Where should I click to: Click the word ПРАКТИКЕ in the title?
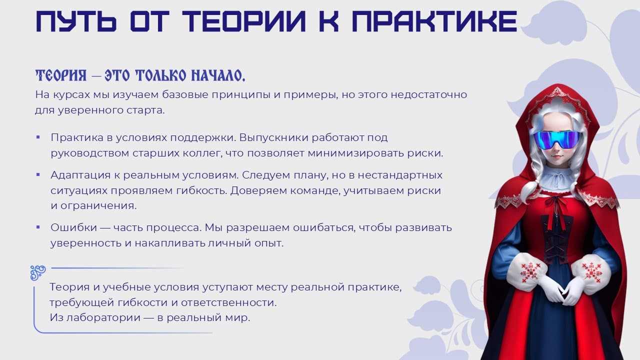[434, 21]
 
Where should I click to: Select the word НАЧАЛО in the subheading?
[218, 75]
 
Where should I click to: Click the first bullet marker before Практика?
[38, 137]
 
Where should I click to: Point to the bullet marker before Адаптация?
[38, 174]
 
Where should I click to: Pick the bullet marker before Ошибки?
[38, 227]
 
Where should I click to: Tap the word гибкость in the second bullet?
[201, 190]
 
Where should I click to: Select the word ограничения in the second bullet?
[98, 205]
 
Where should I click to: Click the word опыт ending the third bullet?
[269, 243]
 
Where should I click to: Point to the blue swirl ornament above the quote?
[38, 273]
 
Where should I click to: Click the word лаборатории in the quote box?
[103, 317]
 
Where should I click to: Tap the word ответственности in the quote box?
[229, 302]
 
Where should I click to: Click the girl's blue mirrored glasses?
[557, 139]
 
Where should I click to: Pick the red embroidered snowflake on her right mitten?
[530, 272]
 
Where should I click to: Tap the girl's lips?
[556, 156]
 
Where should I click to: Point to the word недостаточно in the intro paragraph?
[429, 94]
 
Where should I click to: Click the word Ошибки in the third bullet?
[73, 227]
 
